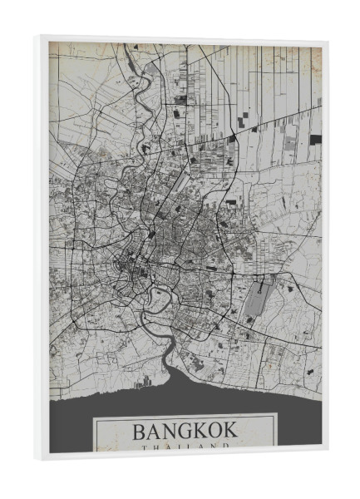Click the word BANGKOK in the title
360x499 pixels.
point(184,432)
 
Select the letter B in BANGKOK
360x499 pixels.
point(140,432)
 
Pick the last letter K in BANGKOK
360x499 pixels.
point(229,432)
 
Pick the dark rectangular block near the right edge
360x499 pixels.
point(315,139)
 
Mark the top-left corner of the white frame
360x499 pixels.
point(40,37)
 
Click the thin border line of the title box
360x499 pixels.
point(94,432)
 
